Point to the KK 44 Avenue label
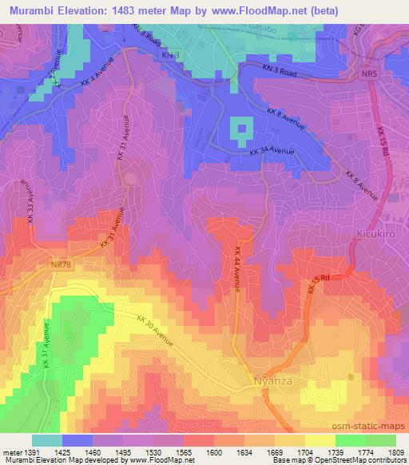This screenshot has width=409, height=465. click(x=238, y=270)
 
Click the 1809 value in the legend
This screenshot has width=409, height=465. click(x=395, y=452)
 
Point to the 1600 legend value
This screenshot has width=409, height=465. click(x=214, y=452)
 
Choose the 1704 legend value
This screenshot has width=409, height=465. click(x=304, y=452)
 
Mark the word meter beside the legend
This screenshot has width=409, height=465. click(x=10, y=452)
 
